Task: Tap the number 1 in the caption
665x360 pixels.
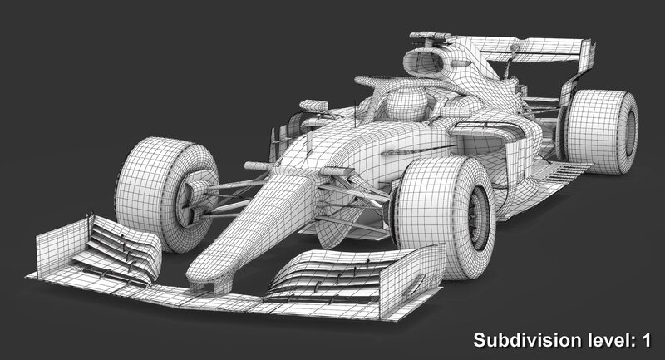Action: [647, 340]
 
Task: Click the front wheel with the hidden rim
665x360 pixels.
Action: [166, 195]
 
